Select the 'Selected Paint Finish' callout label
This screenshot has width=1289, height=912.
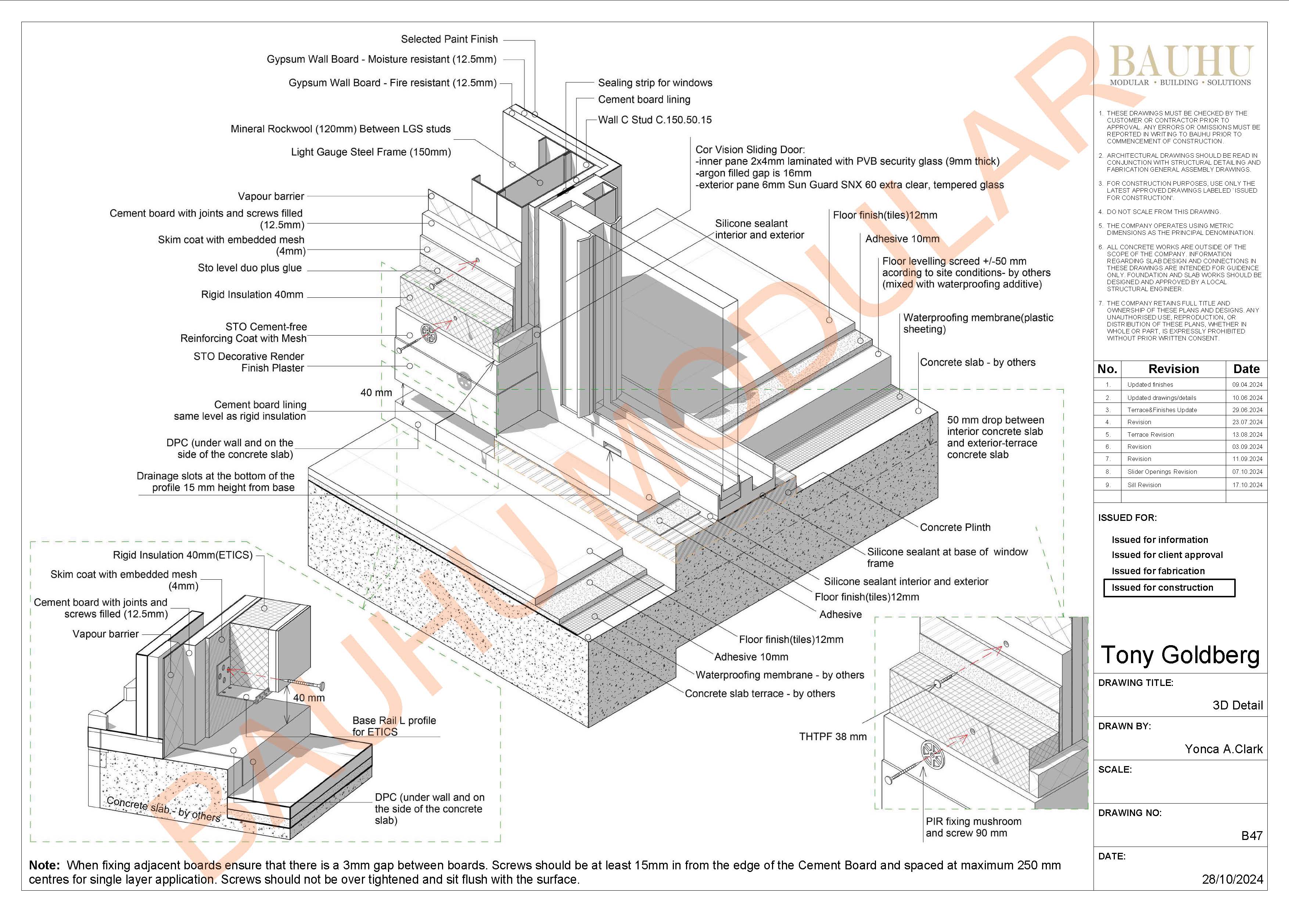coord(449,39)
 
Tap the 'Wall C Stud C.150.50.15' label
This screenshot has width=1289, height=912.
coord(655,119)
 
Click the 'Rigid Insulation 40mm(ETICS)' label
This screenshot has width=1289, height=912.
coord(183,555)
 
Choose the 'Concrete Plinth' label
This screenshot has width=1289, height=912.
coord(955,527)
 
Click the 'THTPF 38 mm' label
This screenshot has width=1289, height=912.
coord(833,736)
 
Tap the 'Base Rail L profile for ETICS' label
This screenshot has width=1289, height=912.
coord(394,726)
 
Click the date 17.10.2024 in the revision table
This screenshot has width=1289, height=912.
coord(1247,484)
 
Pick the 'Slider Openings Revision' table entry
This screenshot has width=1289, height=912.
coord(1161,472)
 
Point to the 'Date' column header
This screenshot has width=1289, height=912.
coord(1246,369)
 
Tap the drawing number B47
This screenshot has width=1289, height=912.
coord(1252,836)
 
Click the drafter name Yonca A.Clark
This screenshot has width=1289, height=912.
coord(1223,749)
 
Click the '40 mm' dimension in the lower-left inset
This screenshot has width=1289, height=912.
coord(309,698)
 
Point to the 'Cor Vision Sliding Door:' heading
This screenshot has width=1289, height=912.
coord(750,149)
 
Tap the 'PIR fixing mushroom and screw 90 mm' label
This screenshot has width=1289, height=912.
coord(973,827)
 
